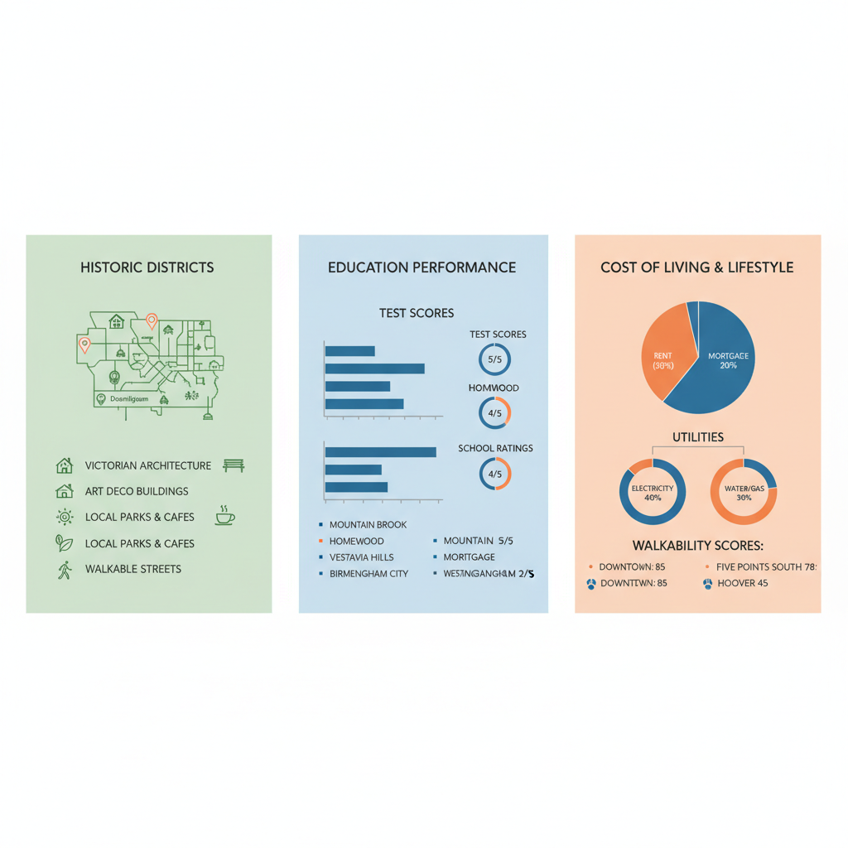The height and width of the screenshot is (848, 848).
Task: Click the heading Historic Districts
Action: click(x=147, y=267)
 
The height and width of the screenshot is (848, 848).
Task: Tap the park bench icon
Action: click(x=234, y=465)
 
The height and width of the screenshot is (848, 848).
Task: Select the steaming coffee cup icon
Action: click(x=224, y=515)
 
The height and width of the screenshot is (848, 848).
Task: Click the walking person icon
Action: click(x=64, y=569)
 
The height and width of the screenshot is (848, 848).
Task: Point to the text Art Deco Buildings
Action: click(x=137, y=491)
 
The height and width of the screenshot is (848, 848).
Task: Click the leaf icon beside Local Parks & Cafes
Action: click(x=64, y=543)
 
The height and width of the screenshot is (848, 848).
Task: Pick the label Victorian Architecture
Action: click(x=148, y=465)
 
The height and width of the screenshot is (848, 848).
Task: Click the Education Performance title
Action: click(x=422, y=267)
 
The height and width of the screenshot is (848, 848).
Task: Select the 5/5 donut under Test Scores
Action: click(x=495, y=360)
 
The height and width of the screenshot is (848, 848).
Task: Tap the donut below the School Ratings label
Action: click(x=495, y=475)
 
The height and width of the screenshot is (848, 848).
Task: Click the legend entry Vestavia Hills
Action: click(x=361, y=556)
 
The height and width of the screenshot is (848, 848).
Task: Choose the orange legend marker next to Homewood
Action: click(x=320, y=541)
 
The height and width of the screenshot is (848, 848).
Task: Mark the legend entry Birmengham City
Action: click(x=369, y=573)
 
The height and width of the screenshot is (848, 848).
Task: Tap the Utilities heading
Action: click(x=698, y=436)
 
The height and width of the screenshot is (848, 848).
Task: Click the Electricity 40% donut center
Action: click(x=653, y=493)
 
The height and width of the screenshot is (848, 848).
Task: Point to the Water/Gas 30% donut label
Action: click(x=743, y=493)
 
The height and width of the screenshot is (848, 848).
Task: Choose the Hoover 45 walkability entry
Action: click(x=742, y=583)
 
